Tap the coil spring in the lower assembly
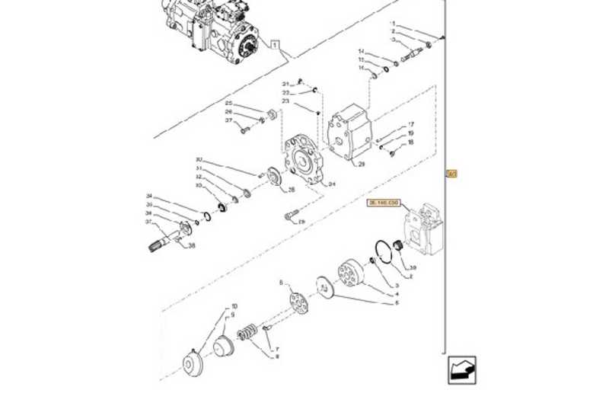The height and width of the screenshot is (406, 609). pyautogui.click(x=247, y=334)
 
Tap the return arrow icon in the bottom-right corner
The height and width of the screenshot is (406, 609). pyautogui.click(x=461, y=369)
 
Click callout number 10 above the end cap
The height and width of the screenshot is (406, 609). pyautogui.click(x=234, y=306)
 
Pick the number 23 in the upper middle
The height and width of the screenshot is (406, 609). pyautogui.click(x=285, y=101)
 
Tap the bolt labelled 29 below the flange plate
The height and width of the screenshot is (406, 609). pyautogui.click(x=291, y=216)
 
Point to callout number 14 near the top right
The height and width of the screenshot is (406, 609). pyautogui.click(x=362, y=52)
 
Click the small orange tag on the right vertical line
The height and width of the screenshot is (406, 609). pyautogui.click(x=451, y=174)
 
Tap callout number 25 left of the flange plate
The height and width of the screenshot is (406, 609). pyautogui.click(x=228, y=103)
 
